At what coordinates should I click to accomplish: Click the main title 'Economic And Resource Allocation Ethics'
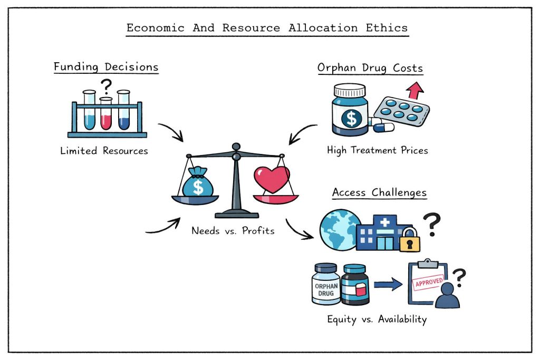click(267, 27)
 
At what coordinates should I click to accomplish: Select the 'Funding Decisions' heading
click(106, 67)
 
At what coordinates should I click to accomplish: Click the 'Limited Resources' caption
click(104, 151)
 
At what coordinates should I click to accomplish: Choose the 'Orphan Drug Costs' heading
click(370, 67)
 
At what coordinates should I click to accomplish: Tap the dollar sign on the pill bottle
click(349, 118)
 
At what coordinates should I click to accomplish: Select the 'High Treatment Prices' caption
click(377, 151)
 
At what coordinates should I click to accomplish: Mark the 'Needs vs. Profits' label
click(233, 230)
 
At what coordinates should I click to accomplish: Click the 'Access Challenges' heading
click(379, 193)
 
